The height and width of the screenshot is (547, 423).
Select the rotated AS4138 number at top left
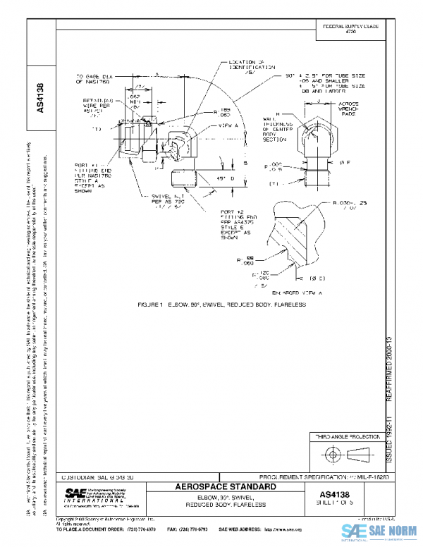pyautogui.click(x=40, y=99)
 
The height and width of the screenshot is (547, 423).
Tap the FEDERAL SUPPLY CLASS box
pyautogui.click(x=350, y=29)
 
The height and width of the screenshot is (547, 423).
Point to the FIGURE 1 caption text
pyautogui.click(x=223, y=305)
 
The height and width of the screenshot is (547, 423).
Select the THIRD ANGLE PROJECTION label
pyautogui.click(x=346, y=438)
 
